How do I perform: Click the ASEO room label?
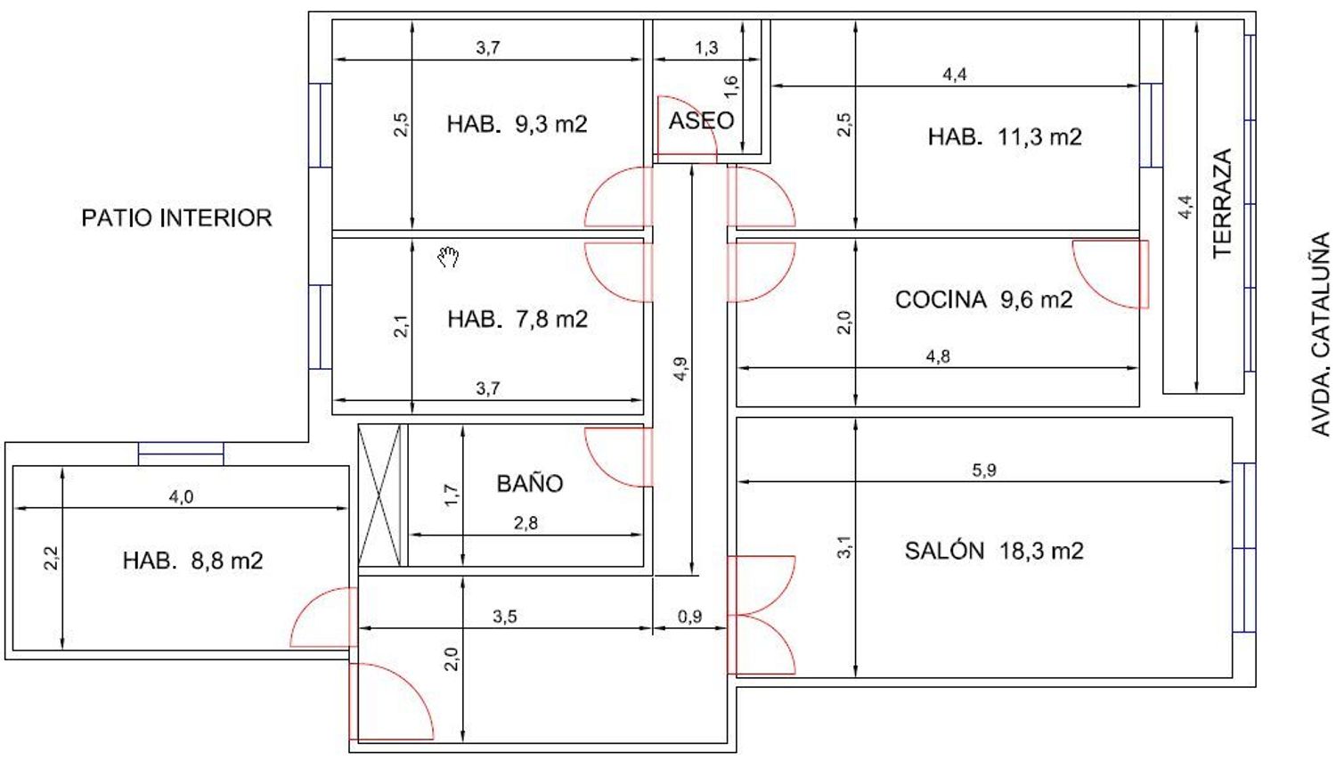701,120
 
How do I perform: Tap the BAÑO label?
530,483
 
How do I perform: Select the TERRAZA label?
1222,203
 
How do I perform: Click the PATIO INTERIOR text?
176,217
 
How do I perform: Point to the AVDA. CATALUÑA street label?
1321,334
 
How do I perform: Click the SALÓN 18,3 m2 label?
994,551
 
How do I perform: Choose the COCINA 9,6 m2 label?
983,299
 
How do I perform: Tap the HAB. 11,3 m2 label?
1005,136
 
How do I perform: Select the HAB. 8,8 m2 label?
192,561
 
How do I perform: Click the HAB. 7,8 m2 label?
517,319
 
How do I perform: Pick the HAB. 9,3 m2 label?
517,124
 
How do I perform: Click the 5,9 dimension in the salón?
984,471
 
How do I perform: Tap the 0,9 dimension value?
689,617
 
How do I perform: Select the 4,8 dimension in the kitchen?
938,356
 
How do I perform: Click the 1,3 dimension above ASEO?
706,48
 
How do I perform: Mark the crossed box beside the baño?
379,495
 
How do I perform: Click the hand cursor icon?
449,257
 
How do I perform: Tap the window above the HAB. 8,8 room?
181,454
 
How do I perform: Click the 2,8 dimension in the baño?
525,523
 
